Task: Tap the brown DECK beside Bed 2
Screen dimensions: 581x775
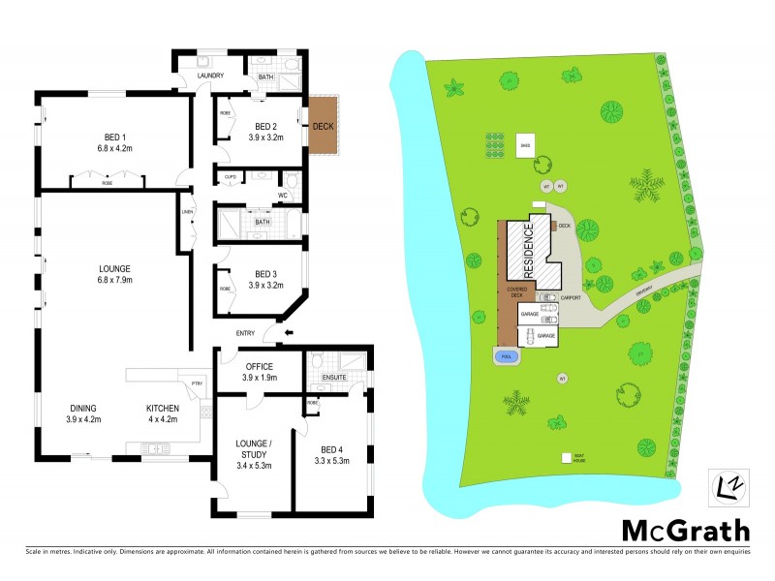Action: click(323, 126)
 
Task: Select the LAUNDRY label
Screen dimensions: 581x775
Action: click(210, 76)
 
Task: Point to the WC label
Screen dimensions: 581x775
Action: click(284, 196)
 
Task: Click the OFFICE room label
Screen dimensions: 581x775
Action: click(260, 366)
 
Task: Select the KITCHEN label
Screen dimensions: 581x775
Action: click(163, 408)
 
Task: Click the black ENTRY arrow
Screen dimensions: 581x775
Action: click(284, 334)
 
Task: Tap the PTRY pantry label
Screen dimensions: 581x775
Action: click(197, 382)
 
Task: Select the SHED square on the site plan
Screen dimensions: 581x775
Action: click(525, 143)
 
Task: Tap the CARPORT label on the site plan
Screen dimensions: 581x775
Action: click(570, 298)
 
